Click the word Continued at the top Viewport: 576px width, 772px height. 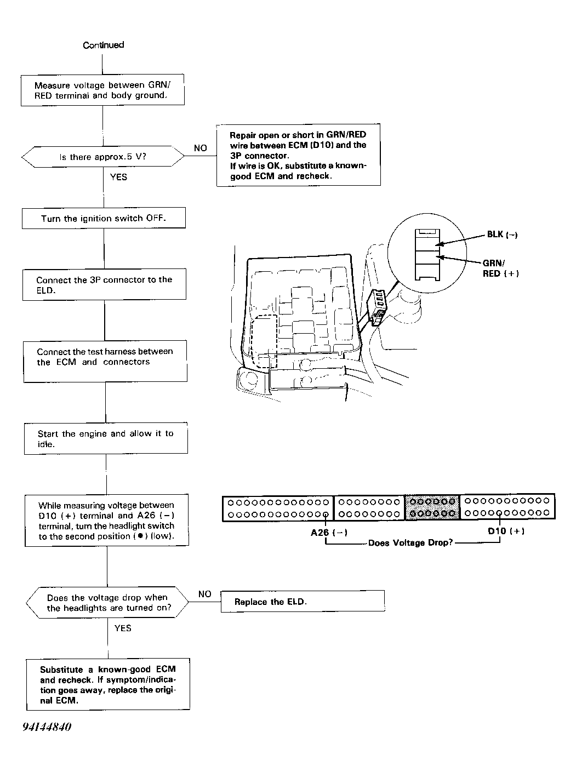point(103,45)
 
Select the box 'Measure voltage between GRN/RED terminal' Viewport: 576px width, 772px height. point(102,90)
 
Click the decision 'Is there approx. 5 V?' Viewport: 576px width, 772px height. point(103,157)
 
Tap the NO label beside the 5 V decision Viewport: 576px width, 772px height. point(201,148)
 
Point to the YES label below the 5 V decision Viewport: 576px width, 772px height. point(118,177)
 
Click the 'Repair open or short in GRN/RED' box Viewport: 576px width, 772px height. point(298,156)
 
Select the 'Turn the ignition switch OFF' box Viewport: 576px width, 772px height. point(104,218)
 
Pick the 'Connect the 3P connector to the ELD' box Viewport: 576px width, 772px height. point(104,284)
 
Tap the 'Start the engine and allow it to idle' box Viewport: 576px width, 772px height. point(105,438)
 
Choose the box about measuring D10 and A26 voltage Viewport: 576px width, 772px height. point(106,521)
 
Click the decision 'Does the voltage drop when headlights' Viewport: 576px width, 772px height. point(108,603)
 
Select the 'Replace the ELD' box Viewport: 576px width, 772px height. point(302,602)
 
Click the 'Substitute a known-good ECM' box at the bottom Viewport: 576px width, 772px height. point(108,684)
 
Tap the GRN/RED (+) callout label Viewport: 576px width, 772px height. point(500,268)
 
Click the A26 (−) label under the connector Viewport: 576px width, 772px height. point(329,533)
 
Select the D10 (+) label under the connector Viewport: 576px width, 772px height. point(506,531)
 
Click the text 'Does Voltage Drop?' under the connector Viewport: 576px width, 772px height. point(410,543)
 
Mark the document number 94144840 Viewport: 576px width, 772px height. point(47,727)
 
